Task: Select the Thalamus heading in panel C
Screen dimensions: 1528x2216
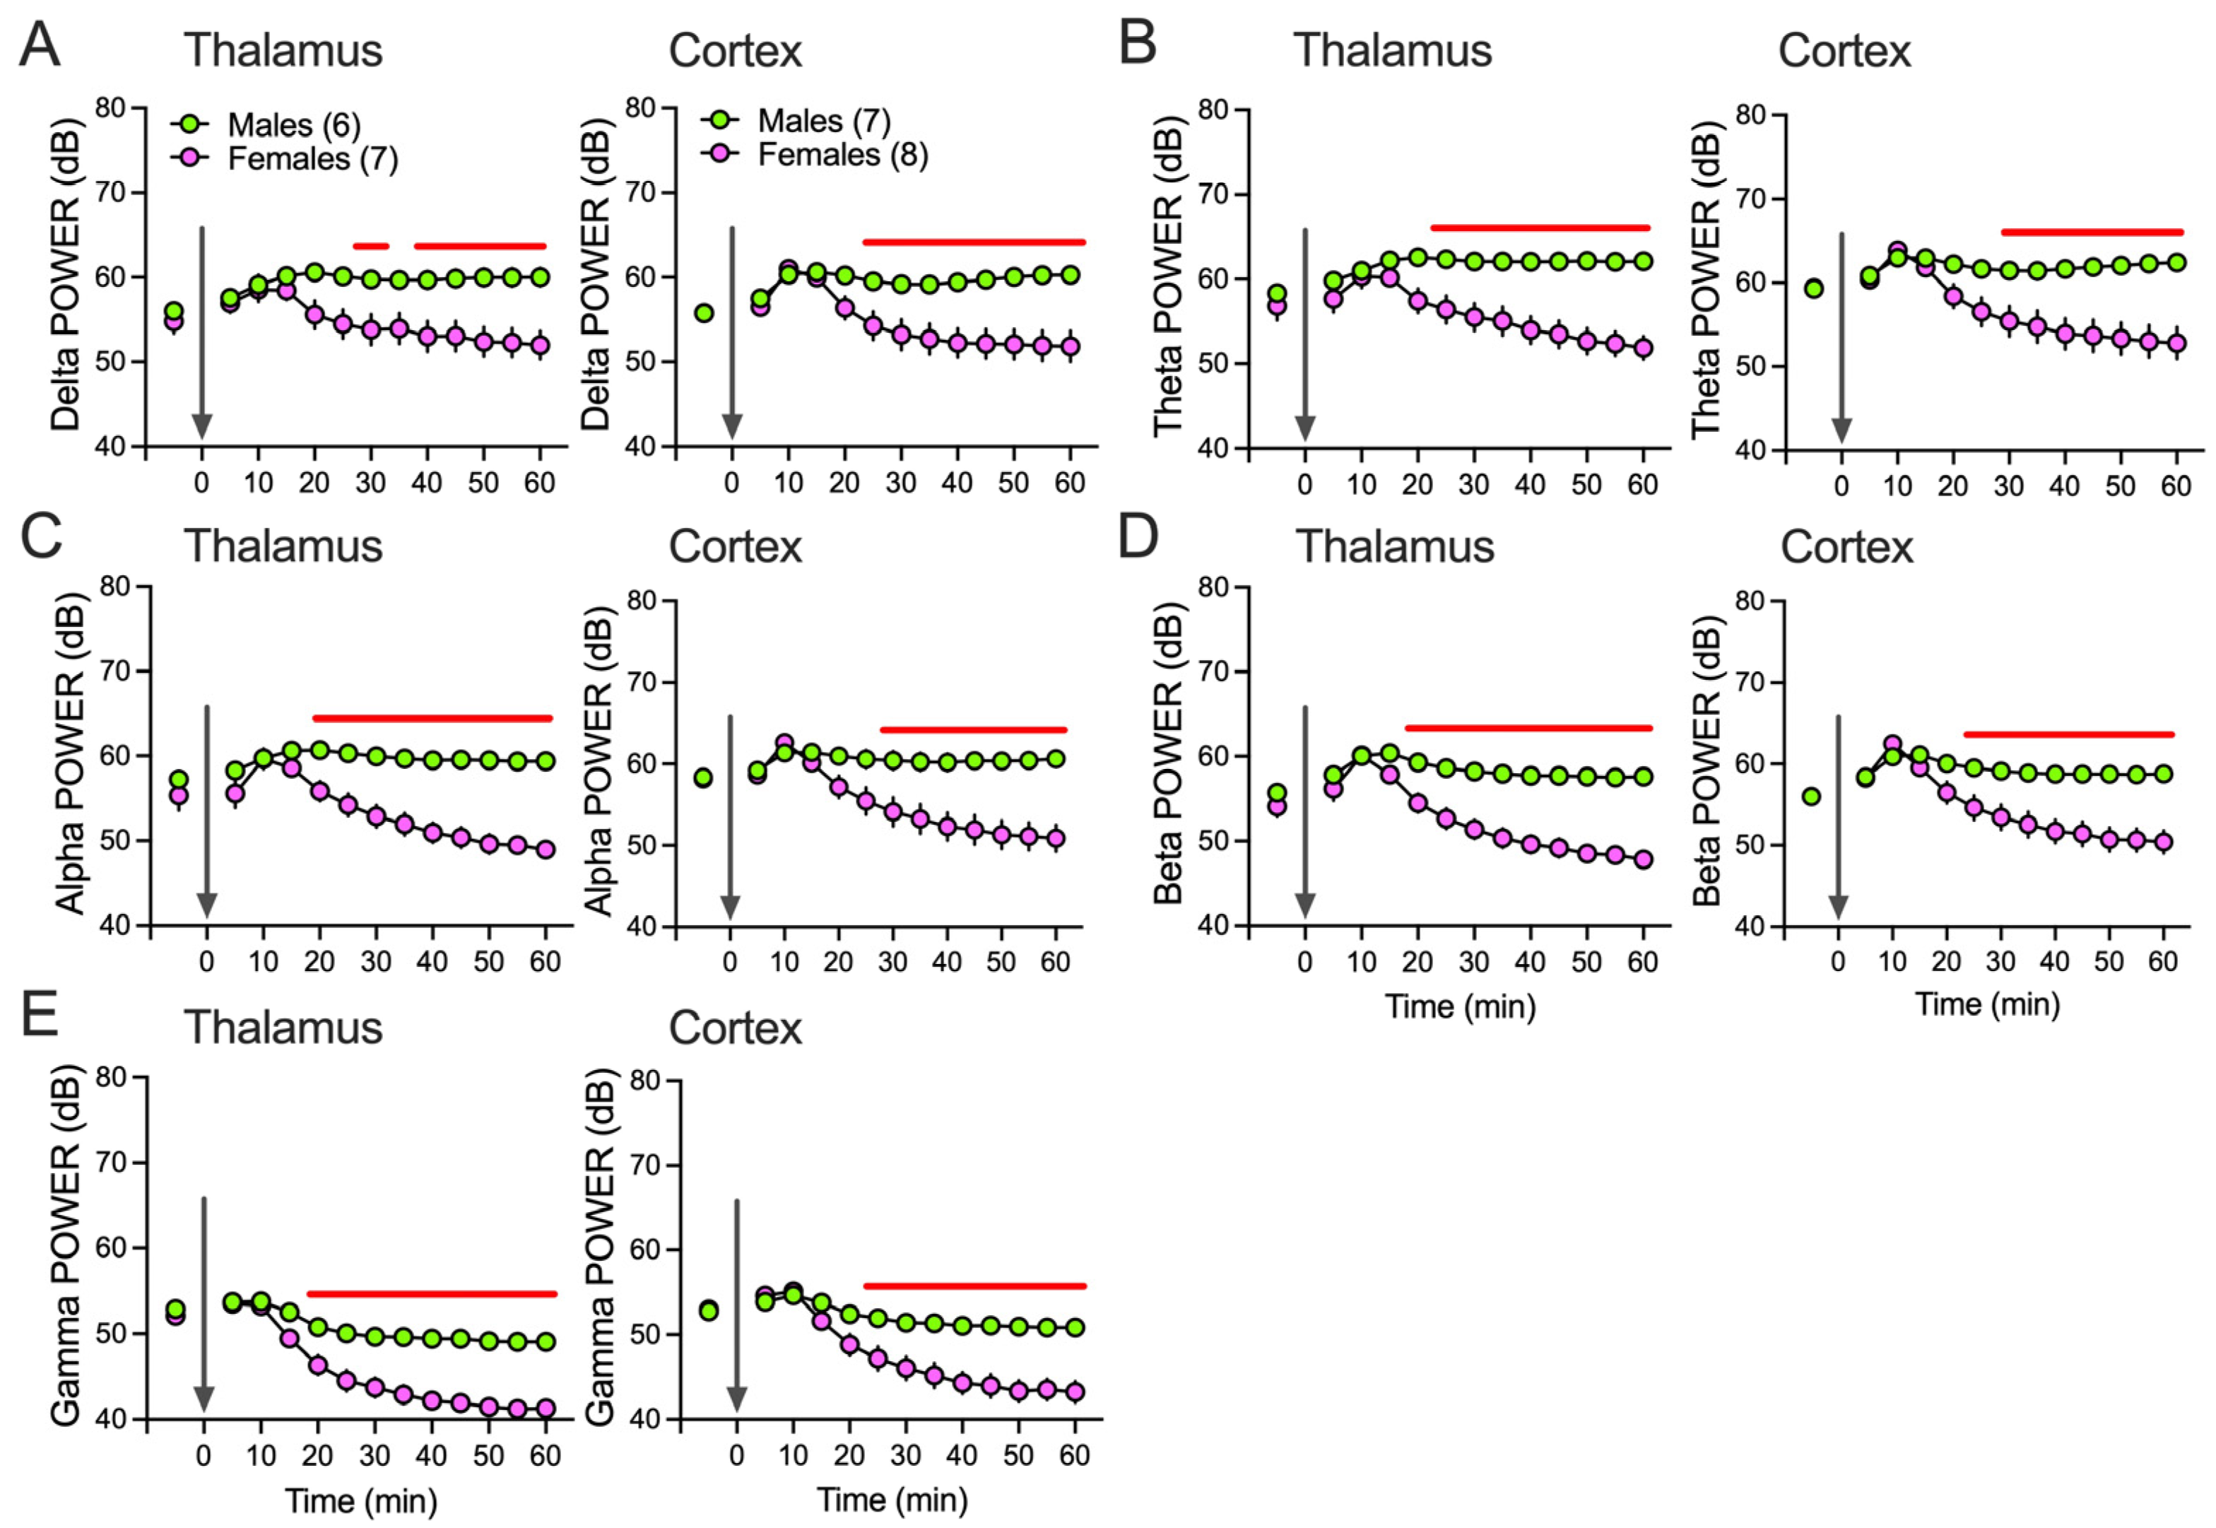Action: (x=283, y=546)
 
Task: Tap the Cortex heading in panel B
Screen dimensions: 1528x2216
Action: (x=1844, y=51)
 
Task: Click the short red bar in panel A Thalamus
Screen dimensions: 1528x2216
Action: (x=370, y=246)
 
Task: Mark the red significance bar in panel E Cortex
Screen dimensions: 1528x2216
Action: (x=974, y=1286)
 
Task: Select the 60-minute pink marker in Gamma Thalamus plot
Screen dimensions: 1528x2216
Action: (x=546, y=1407)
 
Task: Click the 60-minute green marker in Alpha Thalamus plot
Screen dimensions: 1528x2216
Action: (x=546, y=761)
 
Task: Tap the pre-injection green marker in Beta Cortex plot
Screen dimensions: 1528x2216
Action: (x=1810, y=797)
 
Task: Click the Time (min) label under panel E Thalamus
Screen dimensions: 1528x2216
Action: (x=361, y=1500)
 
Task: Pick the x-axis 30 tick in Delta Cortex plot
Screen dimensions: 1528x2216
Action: (x=900, y=483)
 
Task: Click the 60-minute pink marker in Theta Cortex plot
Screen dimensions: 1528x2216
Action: (x=2176, y=343)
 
